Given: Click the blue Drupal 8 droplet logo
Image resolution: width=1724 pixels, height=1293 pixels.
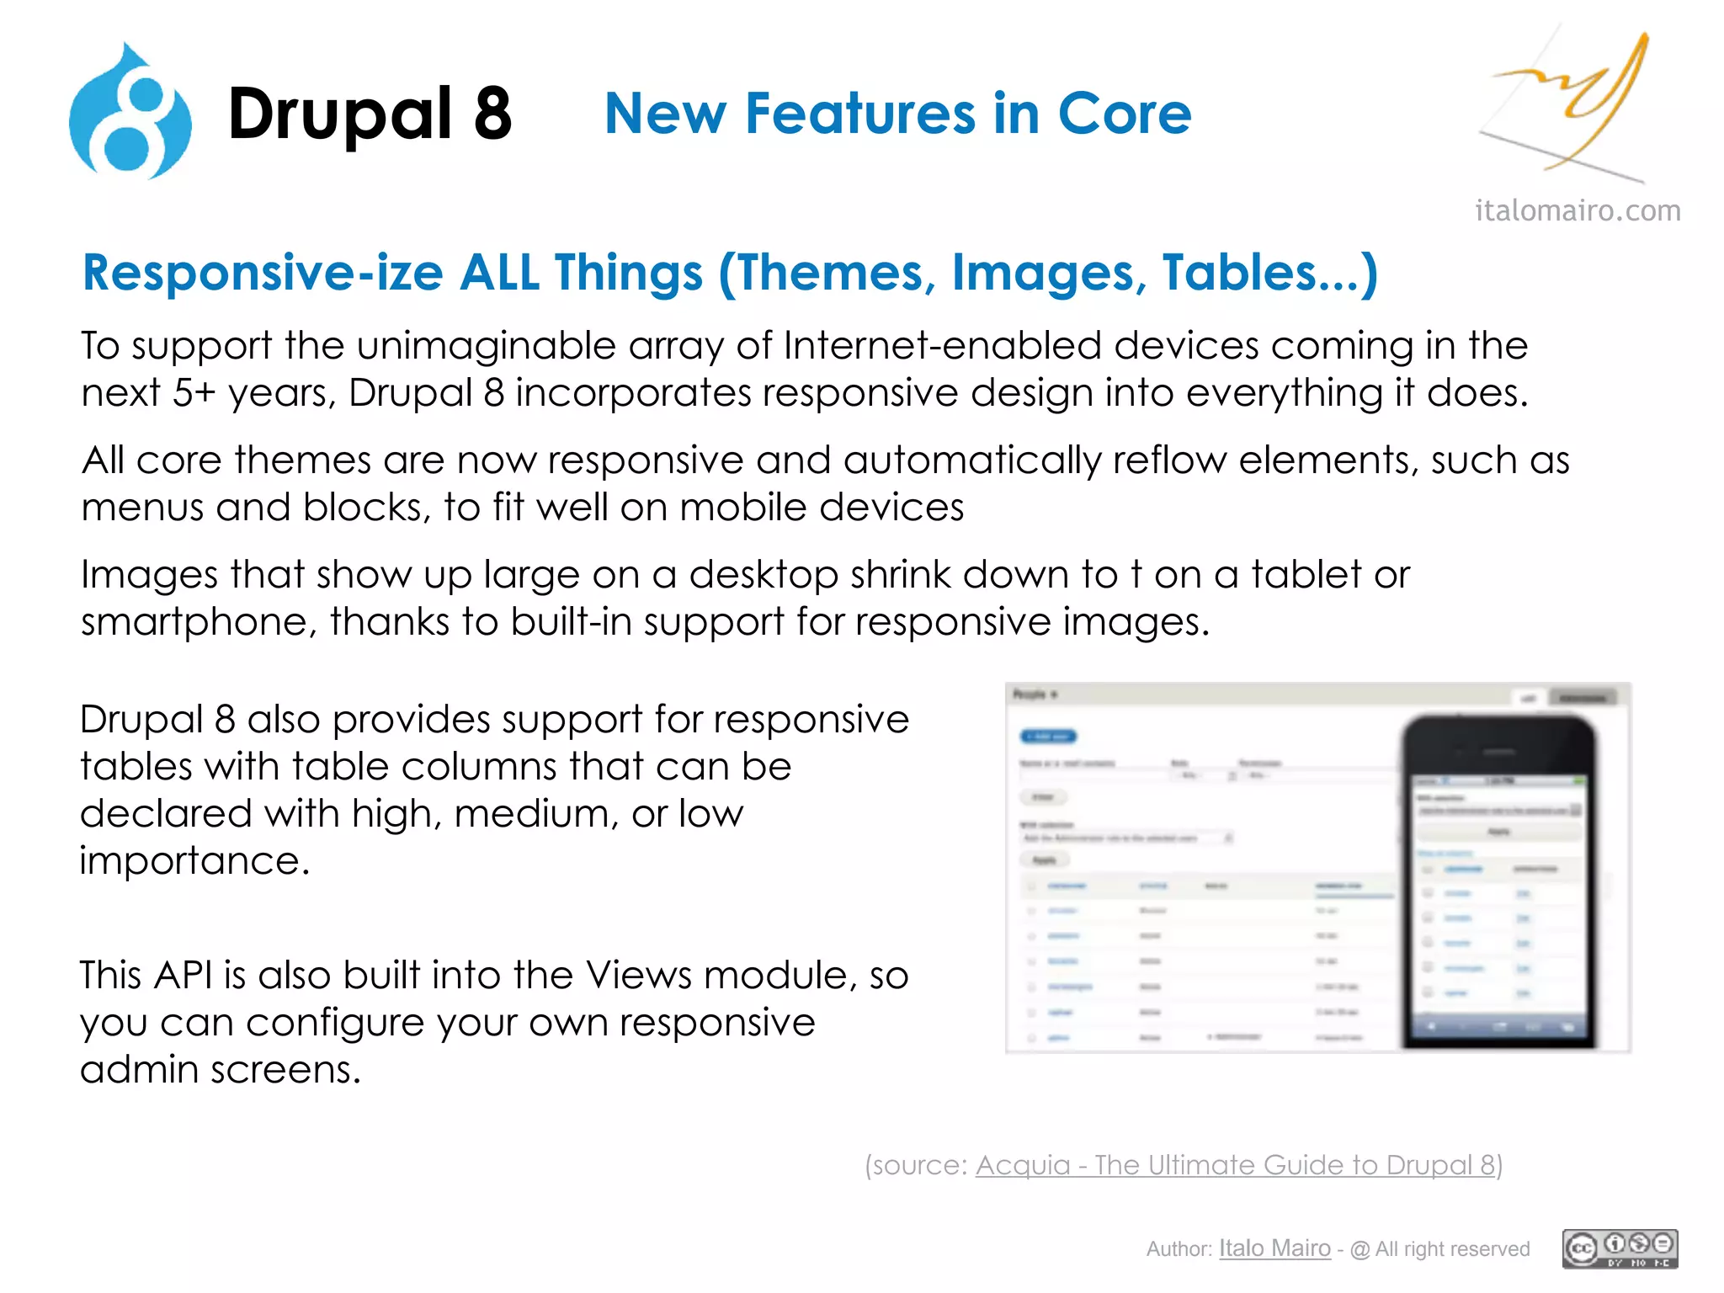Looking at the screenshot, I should (x=130, y=114).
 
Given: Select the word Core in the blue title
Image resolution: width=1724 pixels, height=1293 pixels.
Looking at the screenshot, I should (x=1124, y=114).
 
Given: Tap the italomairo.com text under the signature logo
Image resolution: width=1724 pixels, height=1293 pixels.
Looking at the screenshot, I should (x=1578, y=210).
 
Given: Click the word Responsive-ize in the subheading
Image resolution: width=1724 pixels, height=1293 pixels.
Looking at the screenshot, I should (x=261, y=274).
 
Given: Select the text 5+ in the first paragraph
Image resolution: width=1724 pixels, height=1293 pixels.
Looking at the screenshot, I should (x=194, y=393).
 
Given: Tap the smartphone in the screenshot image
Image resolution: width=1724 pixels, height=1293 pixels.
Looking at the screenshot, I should (x=1498, y=880).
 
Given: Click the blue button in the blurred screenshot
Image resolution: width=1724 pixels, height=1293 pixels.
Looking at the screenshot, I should (x=1048, y=737).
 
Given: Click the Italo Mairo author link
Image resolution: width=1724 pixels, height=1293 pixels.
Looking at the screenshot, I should (x=1274, y=1248).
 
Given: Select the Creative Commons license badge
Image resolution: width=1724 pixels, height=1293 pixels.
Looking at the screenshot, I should (x=1620, y=1248).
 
